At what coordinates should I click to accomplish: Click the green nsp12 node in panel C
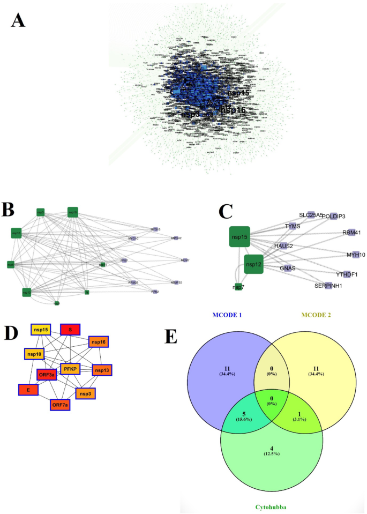point(253,264)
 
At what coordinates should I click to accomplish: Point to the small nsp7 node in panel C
point(238,287)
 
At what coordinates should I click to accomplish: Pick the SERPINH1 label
point(328,286)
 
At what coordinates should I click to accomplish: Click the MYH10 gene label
point(355,255)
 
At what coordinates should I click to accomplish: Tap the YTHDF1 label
point(346,274)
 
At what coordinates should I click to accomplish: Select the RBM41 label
point(353,233)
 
